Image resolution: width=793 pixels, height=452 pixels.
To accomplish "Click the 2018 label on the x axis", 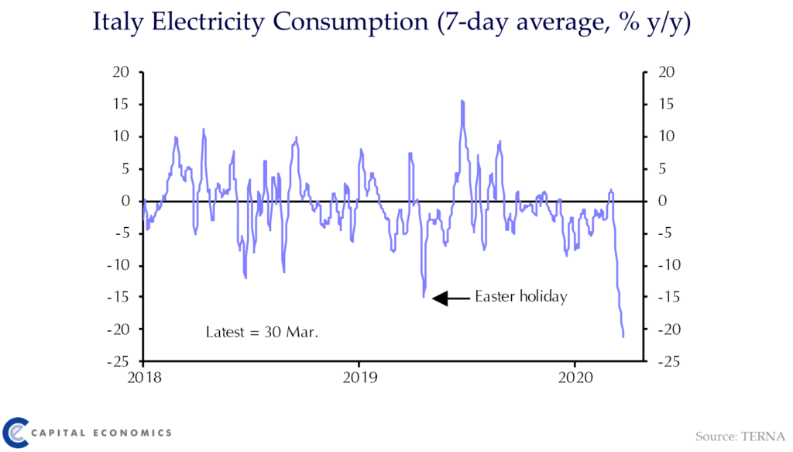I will (x=143, y=377).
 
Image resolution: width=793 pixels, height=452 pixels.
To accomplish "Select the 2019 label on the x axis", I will (x=359, y=377).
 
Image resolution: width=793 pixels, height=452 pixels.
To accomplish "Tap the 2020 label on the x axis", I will (x=575, y=377).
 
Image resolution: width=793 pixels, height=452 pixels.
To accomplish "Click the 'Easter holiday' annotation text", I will (x=521, y=297).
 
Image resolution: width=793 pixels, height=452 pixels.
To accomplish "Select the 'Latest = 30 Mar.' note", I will (x=263, y=332).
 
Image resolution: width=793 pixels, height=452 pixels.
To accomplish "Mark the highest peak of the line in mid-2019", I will (x=462, y=101).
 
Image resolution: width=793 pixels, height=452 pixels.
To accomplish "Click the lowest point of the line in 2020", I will (x=623, y=336).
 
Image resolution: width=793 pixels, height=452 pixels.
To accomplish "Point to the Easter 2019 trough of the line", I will (x=424, y=296).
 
